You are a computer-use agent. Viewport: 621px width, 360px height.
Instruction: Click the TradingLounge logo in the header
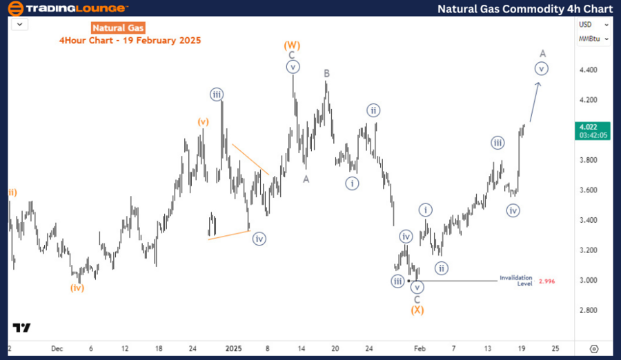[x=67, y=8]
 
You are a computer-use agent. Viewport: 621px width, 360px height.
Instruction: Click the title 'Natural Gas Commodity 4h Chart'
[x=525, y=9]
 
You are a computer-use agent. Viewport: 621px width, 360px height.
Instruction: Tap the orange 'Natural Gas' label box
[x=117, y=28]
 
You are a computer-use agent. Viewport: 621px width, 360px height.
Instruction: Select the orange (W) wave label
[x=292, y=45]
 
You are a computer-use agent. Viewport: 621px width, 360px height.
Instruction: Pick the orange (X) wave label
[x=417, y=310]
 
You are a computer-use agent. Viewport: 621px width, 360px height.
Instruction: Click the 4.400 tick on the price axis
[x=588, y=70]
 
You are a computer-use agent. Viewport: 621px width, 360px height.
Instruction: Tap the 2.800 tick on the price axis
[x=588, y=310]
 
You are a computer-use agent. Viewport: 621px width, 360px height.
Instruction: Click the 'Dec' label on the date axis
[x=57, y=348]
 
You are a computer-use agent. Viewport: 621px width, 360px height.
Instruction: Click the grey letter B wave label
[x=326, y=73]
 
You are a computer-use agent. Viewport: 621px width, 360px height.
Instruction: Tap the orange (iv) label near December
[x=77, y=288]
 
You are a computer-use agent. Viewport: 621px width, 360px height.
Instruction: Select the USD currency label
[x=585, y=24]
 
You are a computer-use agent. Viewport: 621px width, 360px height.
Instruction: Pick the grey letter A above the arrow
[x=543, y=53]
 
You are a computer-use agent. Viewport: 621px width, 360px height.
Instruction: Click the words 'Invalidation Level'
[x=515, y=281]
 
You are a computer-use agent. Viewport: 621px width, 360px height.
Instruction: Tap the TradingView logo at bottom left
[x=21, y=328]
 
